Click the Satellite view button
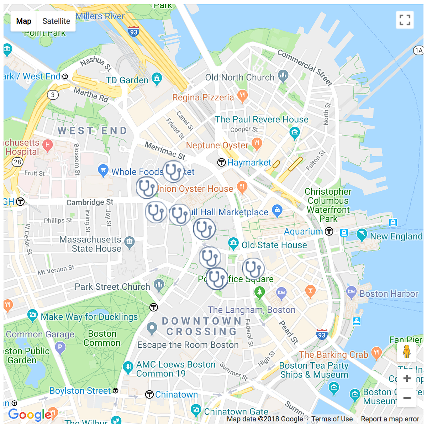click(56, 21)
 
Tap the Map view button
click(24, 21)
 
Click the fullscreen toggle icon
click(405, 20)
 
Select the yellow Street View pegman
click(407, 352)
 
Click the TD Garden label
click(127, 80)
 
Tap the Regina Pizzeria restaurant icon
click(242, 95)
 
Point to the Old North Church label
click(240, 78)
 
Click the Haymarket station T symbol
click(222, 163)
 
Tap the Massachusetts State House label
click(90, 244)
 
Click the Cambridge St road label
click(90, 202)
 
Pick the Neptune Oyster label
click(217, 146)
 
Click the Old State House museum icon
click(233, 244)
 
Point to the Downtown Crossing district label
click(202, 326)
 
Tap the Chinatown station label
click(176, 395)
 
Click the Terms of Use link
click(332, 419)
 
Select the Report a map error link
click(390, 419)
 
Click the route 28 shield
click(17, 162)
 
